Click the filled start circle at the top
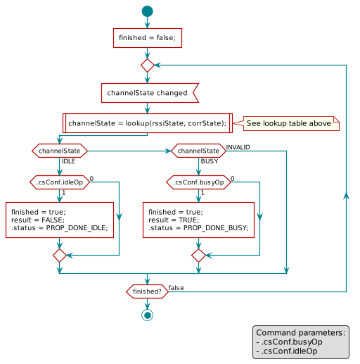147,11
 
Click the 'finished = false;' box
148,38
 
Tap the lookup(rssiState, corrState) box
148,123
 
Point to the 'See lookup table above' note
288,123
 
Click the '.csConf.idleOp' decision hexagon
60,182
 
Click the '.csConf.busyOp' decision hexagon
198,182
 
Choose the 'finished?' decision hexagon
147,291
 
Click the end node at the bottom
147,315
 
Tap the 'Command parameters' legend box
301,341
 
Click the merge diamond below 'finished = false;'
147,65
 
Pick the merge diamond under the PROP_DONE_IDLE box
60,254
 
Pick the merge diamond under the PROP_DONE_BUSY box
198,254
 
